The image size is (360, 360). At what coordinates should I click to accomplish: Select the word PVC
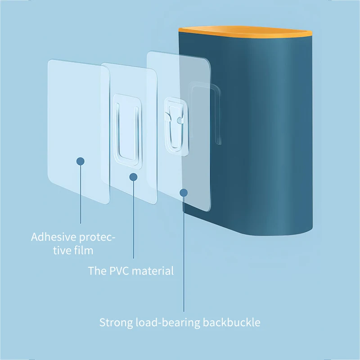(116, 271)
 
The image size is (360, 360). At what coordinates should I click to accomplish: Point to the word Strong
(115, 323)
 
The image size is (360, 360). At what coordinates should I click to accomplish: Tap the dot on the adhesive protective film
(81, 161)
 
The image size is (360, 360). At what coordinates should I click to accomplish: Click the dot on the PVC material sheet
(133, 177)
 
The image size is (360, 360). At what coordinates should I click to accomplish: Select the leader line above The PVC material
(133, 220)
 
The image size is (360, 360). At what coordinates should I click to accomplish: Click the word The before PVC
(96, 271)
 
